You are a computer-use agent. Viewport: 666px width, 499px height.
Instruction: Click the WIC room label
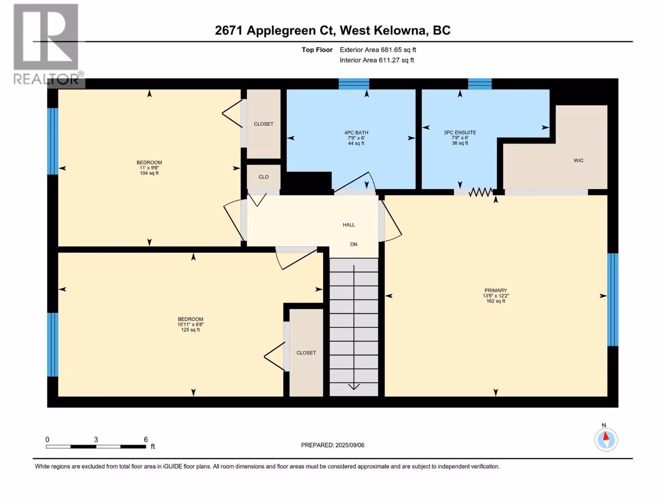(578, 160)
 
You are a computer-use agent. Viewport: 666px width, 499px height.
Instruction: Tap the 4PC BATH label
(356, 132)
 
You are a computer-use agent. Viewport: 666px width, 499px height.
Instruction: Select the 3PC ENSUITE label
(460, 132)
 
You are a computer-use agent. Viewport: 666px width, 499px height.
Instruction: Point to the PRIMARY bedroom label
(495, 290)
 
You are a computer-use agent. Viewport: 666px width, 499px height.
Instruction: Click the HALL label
(349, 225)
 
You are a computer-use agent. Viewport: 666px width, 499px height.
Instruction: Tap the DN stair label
(353, 244)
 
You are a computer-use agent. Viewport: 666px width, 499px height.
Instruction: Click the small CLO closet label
(263, 177)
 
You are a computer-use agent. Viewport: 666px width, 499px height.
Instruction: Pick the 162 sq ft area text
(496, 301)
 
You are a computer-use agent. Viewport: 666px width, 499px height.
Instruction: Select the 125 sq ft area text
(191, 330)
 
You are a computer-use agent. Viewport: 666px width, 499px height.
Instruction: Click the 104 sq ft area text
(149, 173)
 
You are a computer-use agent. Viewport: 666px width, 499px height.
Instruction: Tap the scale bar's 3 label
(96, 439)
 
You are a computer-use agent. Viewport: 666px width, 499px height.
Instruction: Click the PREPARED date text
(333, 445)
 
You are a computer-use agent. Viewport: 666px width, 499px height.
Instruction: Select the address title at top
(333, 30)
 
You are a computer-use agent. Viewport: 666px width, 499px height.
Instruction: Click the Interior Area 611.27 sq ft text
(377, 60)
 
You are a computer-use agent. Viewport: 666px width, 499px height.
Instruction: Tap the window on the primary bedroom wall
(613, 300)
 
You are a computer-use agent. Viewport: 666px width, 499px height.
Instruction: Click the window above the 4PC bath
(354, 84)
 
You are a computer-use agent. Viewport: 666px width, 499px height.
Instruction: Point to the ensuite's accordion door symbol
(481, 192)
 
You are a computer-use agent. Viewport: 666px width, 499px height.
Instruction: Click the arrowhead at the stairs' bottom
(354, 387)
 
